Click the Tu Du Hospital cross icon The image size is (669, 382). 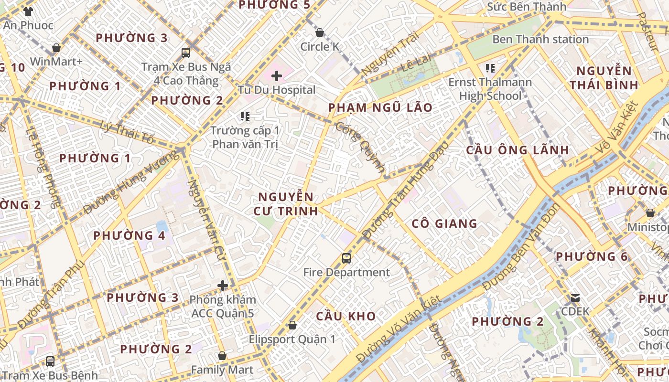[276, 75]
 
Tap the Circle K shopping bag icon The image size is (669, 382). [320, 32]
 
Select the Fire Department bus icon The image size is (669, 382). [346, 258]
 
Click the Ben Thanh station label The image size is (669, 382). [540, 39]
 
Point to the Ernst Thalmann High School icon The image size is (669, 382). [490, 68]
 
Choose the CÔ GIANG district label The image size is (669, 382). [444, 223]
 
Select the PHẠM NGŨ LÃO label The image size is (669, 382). [380, 107]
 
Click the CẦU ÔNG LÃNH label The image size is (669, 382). [518, 150]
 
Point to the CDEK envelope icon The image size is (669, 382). [575, 298]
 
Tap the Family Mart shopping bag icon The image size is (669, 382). [222, 356]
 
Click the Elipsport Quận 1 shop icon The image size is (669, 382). [292, 325]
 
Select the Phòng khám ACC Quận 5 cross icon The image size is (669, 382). [223, 286]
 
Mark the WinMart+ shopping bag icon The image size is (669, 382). [56, 48]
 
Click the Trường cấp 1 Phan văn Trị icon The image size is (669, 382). [245, 116]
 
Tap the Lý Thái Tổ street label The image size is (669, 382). [128, 132]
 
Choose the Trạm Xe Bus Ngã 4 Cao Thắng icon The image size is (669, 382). [186, 53]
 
